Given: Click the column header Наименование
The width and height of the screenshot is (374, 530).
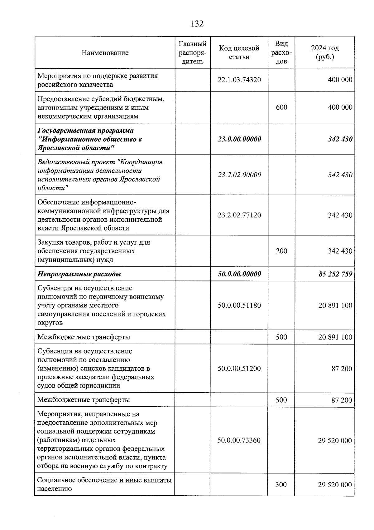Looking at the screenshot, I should click(x=105, y=53).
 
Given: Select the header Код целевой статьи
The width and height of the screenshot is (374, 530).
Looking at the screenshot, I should click(x=239, y=52).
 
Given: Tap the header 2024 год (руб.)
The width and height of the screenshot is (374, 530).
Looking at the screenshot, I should click(x=324, y=52).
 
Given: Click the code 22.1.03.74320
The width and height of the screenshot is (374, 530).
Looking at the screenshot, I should click(x=239, y=80).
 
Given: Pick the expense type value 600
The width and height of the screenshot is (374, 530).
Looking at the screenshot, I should click(x=281, y=107).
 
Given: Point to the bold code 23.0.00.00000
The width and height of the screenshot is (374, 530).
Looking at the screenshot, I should click(x=239, y=139).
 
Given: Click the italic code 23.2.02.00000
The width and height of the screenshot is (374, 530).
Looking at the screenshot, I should click(x=239, y=175).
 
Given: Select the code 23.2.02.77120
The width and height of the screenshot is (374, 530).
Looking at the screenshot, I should click(x=239, y=215).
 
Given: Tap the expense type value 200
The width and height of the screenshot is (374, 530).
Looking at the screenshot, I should click(x=281, y=251).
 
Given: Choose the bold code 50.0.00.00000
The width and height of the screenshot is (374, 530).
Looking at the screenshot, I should click(x=239, y=274).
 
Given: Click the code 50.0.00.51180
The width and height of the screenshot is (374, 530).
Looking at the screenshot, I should click(x=239, y=305).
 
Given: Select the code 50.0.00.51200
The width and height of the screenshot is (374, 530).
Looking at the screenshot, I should click(x=239, y=369).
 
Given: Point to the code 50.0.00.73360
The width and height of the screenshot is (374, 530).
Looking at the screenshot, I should click(x=239, y=440).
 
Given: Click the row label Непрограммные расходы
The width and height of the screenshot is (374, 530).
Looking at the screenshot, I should click(x=79, y=274).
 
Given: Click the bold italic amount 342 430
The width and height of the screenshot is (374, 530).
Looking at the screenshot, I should click(x=340, y=139).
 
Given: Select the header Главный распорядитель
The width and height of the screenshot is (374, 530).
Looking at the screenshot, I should click(x=192, y=52).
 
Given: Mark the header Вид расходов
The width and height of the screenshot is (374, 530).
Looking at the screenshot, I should click(x=281, y=52).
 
